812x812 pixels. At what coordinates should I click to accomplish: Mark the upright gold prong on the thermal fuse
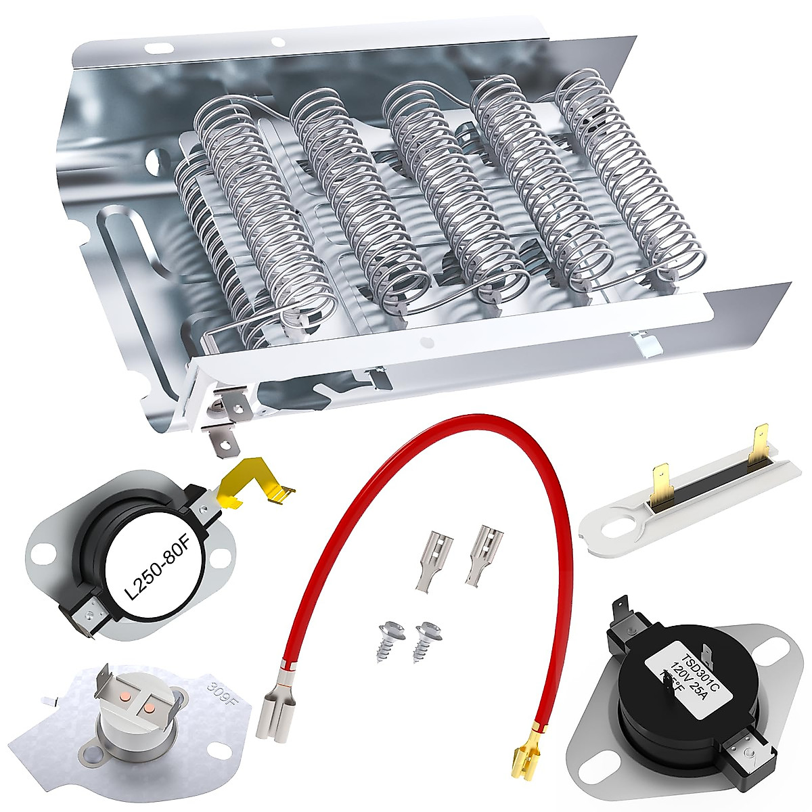point(761,441)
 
